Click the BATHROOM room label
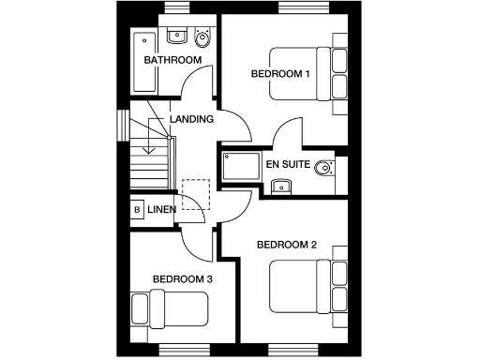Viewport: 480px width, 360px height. click(172, 61)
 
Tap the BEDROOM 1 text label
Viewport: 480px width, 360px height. click(279, 73)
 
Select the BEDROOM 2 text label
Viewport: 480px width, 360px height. click(287, 245)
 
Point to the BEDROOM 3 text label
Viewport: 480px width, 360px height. click(183, 278)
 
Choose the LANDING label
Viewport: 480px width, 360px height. click(191, 119)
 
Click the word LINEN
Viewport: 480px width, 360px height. click(162, 209)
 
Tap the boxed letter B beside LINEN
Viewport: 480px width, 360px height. click(137, 209)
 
